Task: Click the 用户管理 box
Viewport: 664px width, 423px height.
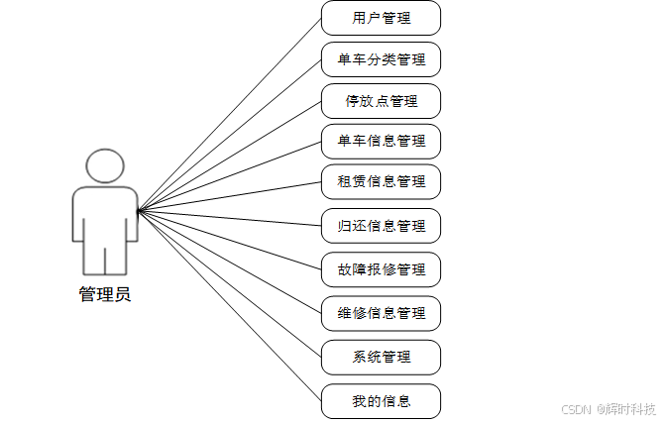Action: click(381, 18)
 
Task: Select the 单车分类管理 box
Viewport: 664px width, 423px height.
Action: click(381, 59)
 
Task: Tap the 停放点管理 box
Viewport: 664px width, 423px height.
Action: click(381, 101)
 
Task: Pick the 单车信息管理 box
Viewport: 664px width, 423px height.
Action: click(381, 141)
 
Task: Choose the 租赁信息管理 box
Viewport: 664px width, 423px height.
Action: click(381, 181)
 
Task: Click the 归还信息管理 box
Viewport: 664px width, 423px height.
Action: click(381, 226)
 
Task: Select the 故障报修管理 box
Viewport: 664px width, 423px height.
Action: click(381, 269)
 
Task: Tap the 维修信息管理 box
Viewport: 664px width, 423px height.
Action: click(381, 313)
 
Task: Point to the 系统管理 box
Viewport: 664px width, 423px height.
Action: click(381, 357)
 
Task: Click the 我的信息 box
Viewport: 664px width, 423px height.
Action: click(381, 400)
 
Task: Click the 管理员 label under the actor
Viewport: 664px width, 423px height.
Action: click(104, 294)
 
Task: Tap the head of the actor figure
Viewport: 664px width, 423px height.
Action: click(105, 166)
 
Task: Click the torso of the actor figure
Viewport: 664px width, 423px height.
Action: click(105, 213)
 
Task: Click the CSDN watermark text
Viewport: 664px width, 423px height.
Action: click(576, 409)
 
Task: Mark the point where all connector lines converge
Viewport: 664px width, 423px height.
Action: click(138, 210)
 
